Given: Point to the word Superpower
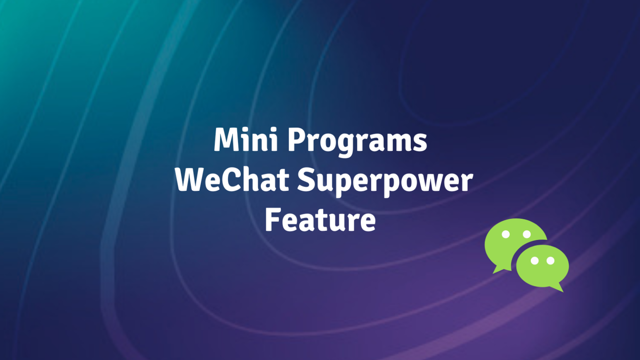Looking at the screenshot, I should [x=385, y=181].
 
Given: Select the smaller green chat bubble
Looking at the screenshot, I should [x=542, y=267].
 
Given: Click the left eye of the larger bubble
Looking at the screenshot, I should [x=505, y=234].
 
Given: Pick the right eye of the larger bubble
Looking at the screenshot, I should [x=527, y=234].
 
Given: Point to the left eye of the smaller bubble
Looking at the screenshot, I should [x=535, y=261].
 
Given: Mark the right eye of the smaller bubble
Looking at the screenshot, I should [x=550, y=261].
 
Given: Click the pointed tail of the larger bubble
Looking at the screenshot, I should [x=496, y=271].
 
